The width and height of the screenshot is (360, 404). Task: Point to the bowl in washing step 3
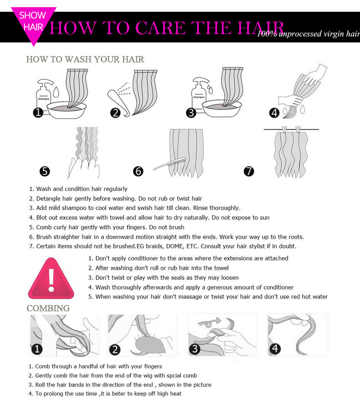pos(222,108)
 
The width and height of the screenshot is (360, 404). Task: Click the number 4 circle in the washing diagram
pos(274,113)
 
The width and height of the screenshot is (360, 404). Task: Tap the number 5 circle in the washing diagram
pos(45,171)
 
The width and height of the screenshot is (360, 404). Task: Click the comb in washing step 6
pos(169,164)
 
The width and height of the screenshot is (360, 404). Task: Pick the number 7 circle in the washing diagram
pos(249,171)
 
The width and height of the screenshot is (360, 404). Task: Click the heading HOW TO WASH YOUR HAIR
pos(85,59)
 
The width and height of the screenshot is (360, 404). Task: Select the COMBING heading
pos(48,308)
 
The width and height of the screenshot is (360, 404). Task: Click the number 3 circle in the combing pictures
pos(194,349)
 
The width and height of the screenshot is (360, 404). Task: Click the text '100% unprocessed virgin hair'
pos(308,34)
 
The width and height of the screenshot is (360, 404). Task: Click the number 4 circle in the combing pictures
pos(275,349)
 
